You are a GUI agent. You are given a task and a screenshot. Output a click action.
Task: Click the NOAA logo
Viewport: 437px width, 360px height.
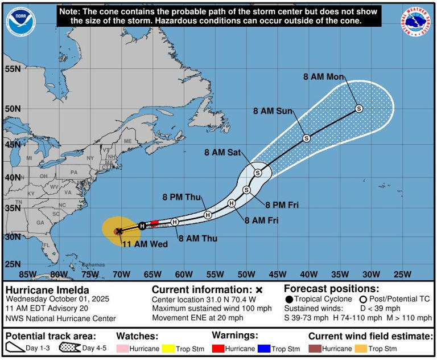click(20, 21)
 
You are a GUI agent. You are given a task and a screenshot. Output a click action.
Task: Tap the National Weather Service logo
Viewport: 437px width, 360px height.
click(415, 21)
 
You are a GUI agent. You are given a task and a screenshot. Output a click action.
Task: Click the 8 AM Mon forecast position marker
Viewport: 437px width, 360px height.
click(358, 108)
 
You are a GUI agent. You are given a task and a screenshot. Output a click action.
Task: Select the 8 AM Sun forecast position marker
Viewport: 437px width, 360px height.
click(306, 138)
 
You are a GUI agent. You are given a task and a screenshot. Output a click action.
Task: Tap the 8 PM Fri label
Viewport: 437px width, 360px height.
click(282, 204)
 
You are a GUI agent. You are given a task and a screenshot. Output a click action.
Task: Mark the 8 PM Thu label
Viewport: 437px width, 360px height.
click(182, 197)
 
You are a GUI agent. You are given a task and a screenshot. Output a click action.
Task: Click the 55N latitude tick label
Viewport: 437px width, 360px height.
click(13, 69)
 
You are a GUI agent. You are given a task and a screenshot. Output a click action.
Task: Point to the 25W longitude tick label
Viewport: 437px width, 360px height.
click(402, 274)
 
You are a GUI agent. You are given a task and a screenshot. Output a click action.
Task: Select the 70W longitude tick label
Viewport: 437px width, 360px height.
click(121, 274)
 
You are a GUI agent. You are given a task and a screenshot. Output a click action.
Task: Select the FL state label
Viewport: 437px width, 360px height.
click(47, 246)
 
